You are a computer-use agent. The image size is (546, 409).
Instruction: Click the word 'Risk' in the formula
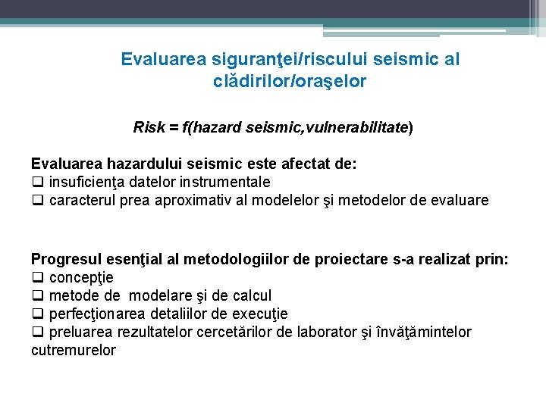coord(149,127)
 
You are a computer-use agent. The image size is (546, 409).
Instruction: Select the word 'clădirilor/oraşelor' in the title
coord(290,81)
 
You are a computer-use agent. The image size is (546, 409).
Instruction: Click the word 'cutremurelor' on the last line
coord(74,351)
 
